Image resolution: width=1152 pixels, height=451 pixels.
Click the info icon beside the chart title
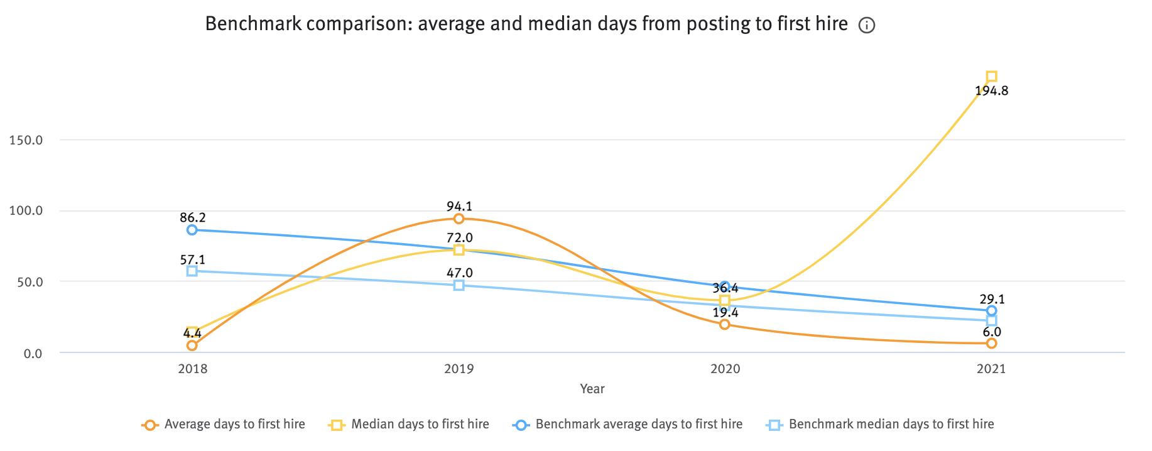coord(867,26)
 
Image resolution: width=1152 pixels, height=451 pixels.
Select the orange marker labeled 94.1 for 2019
coord(459,219)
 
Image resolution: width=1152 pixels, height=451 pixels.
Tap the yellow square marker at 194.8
coord(991,77)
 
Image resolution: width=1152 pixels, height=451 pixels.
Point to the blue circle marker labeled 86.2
coord(192,230)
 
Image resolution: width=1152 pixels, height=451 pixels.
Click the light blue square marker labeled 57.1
coord(192,271)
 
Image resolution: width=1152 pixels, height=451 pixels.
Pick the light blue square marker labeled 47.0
coord(459,285)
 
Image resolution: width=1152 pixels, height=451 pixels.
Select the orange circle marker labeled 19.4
coord(725,325)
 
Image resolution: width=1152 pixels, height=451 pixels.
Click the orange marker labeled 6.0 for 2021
coord(991,344)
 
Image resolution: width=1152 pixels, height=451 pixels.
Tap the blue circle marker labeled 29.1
coord(991,311)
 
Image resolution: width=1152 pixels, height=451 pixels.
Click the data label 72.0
coord(460,238)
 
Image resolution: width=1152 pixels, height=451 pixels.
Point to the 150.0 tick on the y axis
coord(26,140)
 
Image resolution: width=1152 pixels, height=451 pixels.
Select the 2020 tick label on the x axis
coord(725,369)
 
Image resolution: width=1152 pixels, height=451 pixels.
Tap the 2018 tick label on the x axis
coord(192,369)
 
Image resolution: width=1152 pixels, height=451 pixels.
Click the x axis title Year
coord(592,389)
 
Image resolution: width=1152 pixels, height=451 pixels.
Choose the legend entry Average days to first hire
coord(234,425)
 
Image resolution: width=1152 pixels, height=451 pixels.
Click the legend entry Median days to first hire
coord(420,425)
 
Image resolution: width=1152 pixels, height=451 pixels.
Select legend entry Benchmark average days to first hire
coord(638,425)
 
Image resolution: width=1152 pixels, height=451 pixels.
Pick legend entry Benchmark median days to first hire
coord(891,425)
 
